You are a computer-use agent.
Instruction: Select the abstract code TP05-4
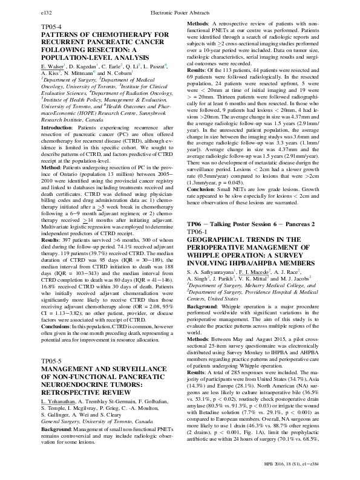pos(52,28)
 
